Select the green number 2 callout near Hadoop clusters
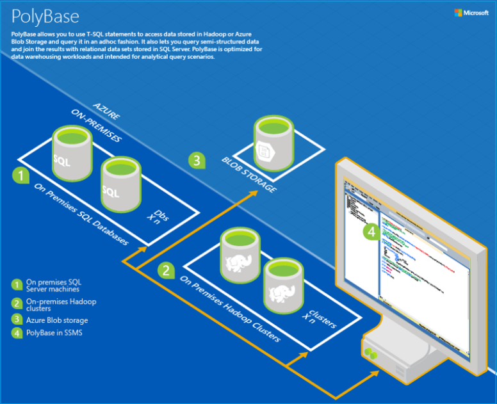coord(167,270)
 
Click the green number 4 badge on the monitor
coord(372,232)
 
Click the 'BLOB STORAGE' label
coord(249,174)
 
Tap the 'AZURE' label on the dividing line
coord(106,109)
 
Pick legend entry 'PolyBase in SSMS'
coord(55,333)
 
